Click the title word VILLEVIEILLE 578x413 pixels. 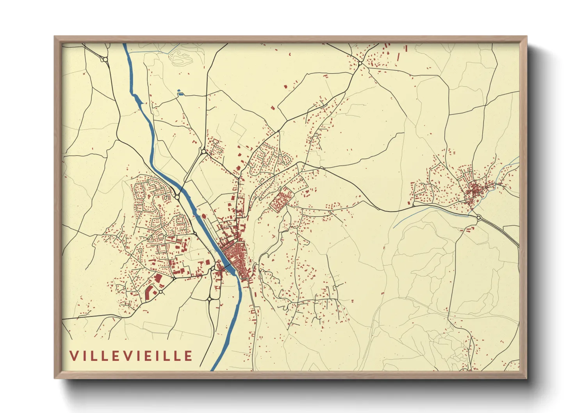click(131, 356)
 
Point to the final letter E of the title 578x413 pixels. click(189, 356)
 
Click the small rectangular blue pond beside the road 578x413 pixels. click(180, 93)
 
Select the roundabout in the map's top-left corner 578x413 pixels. click(105, 60)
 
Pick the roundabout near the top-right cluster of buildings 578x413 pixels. click(360, 63)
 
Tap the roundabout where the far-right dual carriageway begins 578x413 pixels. click(478, 217)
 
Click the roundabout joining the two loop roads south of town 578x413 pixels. click(210, 299)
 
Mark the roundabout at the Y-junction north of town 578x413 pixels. click(203, 151)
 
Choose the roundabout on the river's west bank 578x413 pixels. click(177, 197)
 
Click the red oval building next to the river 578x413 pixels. click(203, 215)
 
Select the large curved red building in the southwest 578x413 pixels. click(149, 293)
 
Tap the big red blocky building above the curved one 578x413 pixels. click(158, 278)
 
